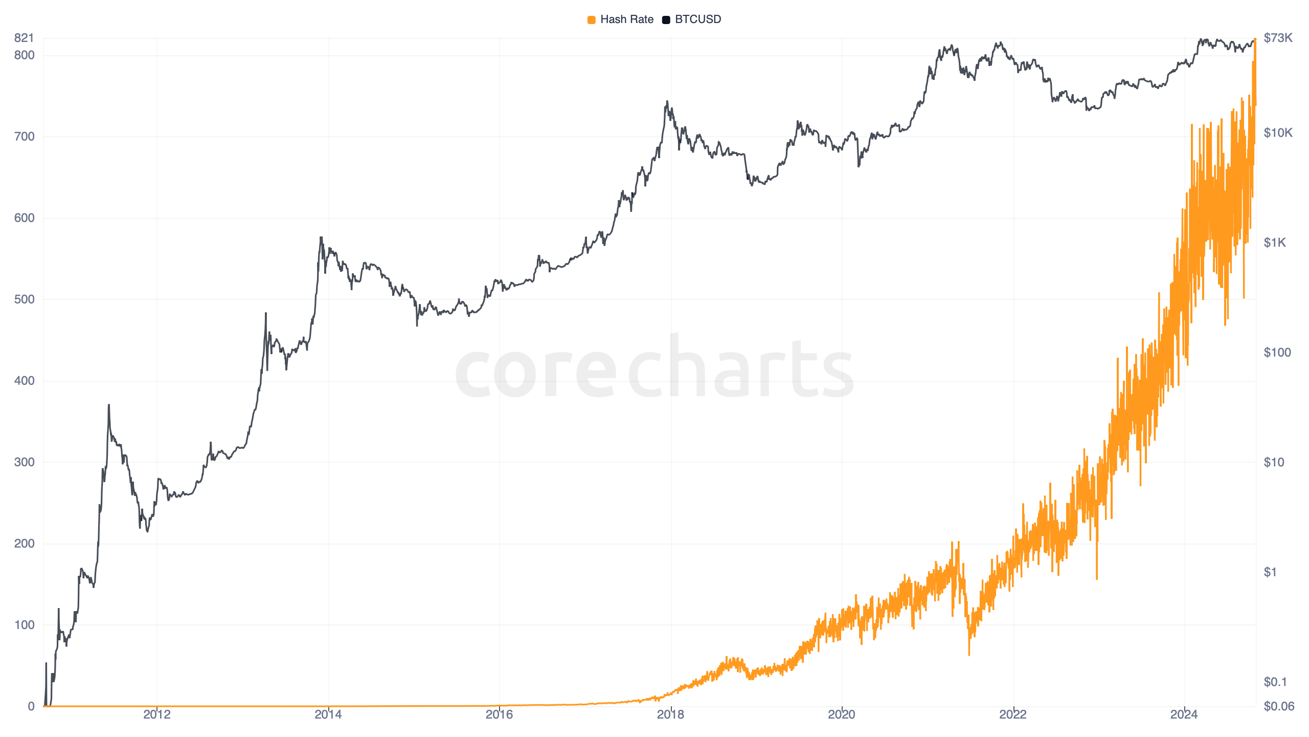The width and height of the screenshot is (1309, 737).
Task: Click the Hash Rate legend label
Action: tap(626, 19)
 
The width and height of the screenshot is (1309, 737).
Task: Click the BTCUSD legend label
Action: tap(697, 19)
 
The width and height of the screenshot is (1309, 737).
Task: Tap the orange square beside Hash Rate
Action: tap(591, 20)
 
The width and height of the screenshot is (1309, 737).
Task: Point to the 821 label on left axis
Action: tap(24, 38)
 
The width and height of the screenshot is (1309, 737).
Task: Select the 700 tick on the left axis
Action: tap(24, 137)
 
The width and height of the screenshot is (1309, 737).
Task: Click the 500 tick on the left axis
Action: tap(24, 299)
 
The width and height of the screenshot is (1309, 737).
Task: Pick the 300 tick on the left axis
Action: tap(24, 462)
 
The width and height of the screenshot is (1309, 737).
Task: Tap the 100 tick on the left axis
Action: tap(24, 625)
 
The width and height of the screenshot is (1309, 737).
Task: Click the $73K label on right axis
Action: tap(1278, 38)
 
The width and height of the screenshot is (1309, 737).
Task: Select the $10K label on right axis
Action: tap(1278, 133)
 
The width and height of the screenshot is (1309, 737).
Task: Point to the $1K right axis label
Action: tap(1274, 243)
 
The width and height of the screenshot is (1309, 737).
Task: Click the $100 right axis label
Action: tap(1277, 353)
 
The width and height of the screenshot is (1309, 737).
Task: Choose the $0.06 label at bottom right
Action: tap(1278, 707)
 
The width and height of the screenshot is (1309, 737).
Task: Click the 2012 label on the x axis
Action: tap(157, 714)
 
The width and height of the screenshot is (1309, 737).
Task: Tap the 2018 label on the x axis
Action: tap(670, 714)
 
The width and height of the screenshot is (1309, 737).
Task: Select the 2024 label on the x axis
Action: tap(1184, 714)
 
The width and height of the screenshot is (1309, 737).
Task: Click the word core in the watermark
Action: tap(535, 371)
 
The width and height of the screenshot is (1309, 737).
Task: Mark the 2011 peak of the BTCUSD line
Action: tap(109, 405)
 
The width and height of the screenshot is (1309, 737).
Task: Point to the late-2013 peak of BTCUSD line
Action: tap(321, 237)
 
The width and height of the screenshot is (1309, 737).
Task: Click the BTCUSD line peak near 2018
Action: tap(667, 102)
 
